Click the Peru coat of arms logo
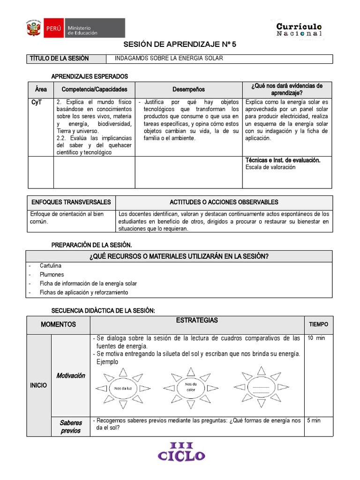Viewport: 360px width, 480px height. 33,28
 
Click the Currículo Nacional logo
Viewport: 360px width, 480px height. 299,30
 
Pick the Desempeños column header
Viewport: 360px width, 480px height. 188,89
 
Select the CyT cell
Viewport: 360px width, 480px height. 36,102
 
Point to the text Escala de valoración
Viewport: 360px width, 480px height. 270,167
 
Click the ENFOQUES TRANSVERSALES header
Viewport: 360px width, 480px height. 71,202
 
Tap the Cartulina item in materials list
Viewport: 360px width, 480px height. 51,266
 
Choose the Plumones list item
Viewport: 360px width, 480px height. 52,275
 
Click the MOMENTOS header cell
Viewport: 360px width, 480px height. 58,324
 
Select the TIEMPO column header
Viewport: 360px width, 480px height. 318,324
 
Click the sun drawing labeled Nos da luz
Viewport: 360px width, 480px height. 122,388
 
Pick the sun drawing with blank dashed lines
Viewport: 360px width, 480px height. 261,387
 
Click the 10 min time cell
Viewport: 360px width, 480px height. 316,338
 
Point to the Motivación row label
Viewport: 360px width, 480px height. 71,375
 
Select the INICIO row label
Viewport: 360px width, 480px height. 38,385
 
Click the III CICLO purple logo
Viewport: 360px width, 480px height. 181,451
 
